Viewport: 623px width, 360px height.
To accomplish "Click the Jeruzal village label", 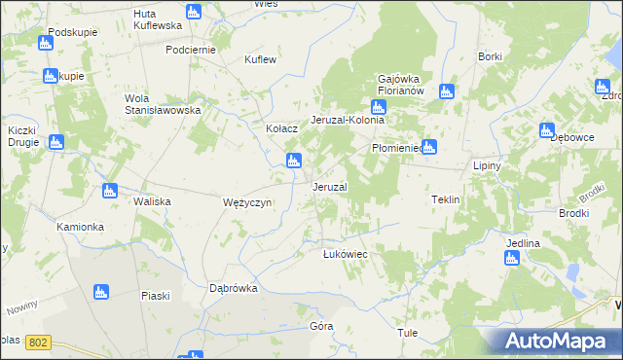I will (329, 186).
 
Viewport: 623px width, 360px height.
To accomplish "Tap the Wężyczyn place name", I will (247, 202).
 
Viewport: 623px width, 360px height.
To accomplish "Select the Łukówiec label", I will (344, 254).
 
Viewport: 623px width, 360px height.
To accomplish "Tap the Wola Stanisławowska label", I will (162, 104).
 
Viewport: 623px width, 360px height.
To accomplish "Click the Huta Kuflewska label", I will (157, 20).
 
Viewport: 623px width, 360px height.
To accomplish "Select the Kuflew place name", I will (261, 59).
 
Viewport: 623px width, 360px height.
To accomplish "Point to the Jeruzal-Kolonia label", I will (348, 120).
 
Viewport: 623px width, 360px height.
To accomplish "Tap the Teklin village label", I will (445, 199).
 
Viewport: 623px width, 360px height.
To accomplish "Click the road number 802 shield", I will (38, 342).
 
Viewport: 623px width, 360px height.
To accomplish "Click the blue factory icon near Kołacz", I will (292, 161).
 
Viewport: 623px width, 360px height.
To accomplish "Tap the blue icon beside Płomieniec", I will (428, 148).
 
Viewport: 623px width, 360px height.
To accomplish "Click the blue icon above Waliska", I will (110, 191).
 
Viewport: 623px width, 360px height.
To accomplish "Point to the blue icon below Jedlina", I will (511, 258).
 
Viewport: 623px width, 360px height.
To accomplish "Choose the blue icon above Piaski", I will (99, 292).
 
